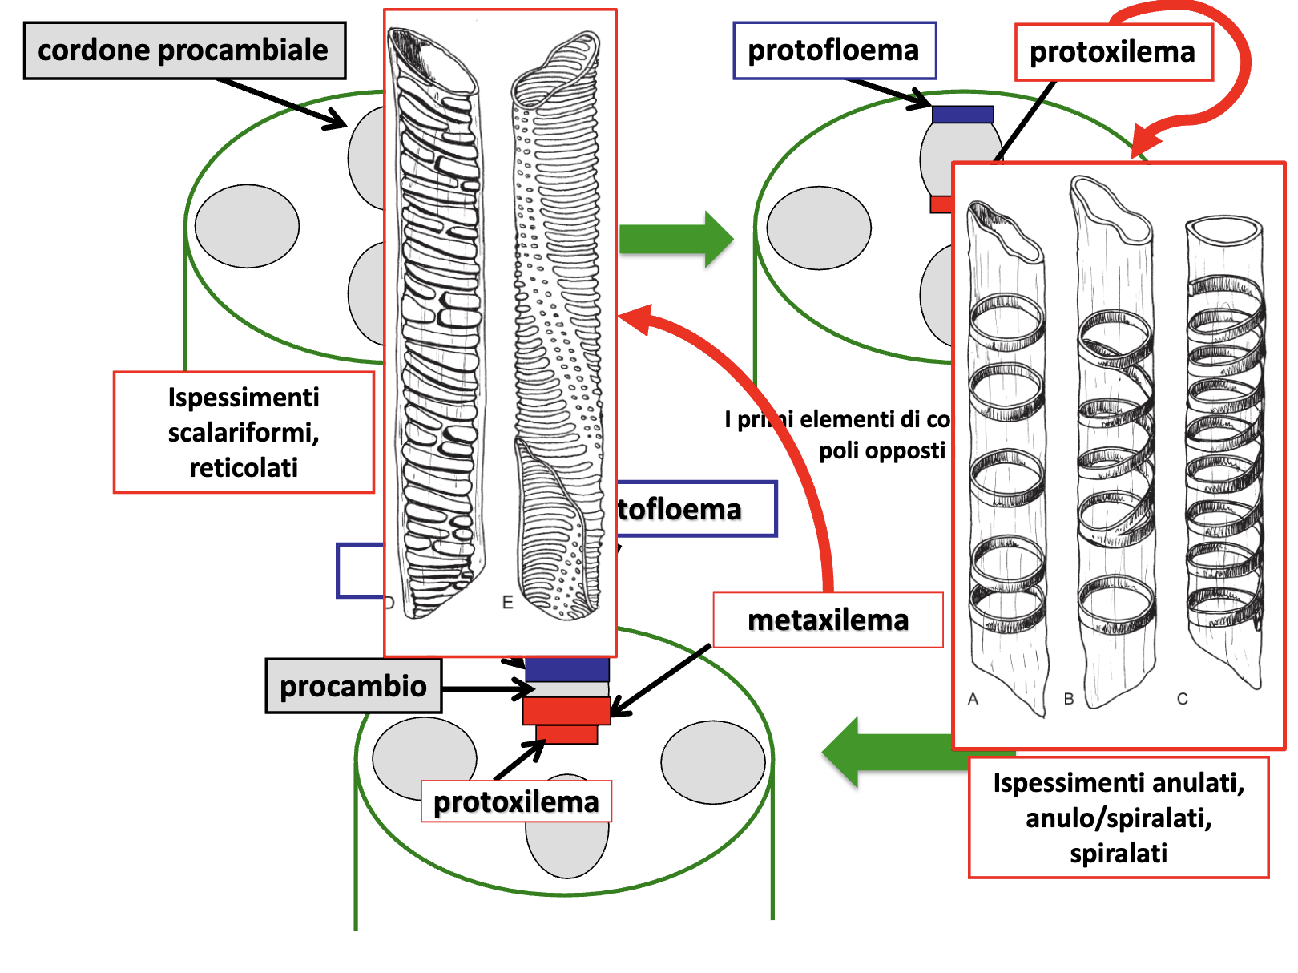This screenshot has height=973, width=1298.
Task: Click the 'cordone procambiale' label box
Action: pos(184,50)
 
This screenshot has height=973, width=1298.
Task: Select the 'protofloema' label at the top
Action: pos(834,50)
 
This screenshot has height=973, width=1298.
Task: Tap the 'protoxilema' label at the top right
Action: pos(1113,52)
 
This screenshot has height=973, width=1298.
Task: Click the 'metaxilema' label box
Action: pos(828,620)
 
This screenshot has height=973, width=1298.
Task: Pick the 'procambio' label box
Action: pos(353,686)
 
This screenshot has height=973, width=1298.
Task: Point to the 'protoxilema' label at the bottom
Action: pos(516,801)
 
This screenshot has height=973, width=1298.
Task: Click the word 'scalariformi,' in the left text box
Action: pos(244,433)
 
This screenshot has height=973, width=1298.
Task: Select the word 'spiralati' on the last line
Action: pos(1119,853)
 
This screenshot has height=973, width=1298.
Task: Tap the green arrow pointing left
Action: pos(889,753)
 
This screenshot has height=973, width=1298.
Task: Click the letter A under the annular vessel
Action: pos(973,699)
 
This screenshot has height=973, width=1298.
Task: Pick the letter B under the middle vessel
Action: pos(1069,699)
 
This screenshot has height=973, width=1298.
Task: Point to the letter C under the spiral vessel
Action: pos(1182,699)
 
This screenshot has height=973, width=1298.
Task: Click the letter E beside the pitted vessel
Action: pos(507,603)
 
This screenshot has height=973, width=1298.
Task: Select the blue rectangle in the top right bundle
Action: pos(963,115)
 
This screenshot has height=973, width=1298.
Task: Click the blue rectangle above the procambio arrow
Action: pos(567,670)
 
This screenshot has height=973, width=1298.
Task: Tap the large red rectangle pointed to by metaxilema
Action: pos(566,711)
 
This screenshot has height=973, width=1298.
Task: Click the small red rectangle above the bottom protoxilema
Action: pos(566,734)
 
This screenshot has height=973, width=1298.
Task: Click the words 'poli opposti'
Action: pos(881,450)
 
